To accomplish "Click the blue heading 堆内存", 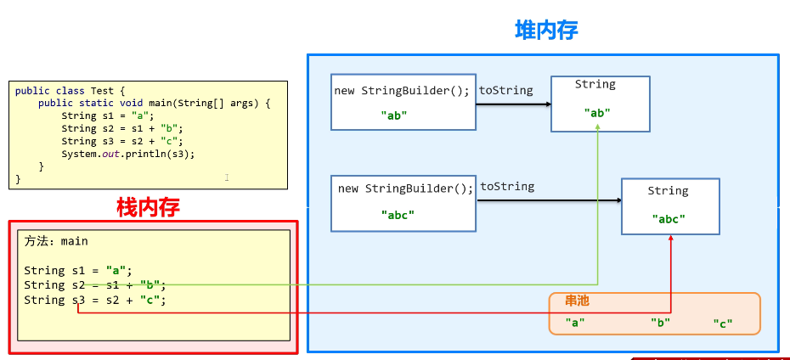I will (546, 31).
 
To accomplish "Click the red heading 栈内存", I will (148, 206).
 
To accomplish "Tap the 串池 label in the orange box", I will (577, 301).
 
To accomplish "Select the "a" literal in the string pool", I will (575, 323).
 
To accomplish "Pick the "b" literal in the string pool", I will (660, 323).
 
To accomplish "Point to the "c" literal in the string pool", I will (722, 323).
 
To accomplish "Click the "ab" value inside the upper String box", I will (597, 112).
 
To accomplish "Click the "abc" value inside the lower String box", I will (669, 218).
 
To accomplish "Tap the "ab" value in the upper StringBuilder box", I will (394, 115).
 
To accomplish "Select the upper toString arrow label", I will (506, 90).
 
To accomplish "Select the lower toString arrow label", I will (507, 186).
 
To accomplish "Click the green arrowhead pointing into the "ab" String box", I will (598, 127).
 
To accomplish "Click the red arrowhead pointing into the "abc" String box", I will (671, 239).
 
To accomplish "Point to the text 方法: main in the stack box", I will (56, 241).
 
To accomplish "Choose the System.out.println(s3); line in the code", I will (127, 154).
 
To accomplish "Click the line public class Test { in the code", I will (70, 91).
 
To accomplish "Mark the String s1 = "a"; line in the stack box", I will (78, 271).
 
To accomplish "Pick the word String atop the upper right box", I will (595, 84).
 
